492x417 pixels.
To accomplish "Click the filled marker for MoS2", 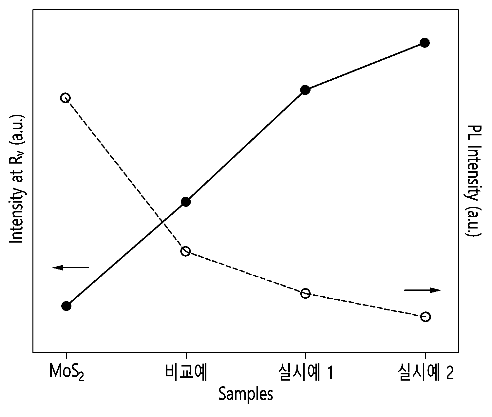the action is [66, 306].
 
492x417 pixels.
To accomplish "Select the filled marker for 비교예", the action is [186, 202].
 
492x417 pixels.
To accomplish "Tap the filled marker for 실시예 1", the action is [305, 90].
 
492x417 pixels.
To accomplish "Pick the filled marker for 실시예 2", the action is [425, 43].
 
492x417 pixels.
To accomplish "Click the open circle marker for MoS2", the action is [65, 98].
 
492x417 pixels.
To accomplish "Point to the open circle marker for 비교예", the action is [185, 251].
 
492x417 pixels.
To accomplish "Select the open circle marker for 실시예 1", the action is [305, 293].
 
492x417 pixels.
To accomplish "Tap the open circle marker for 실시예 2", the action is [426, 317].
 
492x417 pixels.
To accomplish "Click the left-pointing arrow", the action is [70, 268].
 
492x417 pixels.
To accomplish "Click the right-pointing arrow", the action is [423, 290].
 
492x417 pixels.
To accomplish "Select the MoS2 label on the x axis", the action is [66, 372].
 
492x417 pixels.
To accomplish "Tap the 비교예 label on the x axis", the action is [186, 371].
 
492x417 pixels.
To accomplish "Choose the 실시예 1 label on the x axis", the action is [306, 371].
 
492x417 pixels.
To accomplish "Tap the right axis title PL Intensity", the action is [473, 181].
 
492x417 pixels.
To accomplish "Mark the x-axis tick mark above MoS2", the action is [66, 355].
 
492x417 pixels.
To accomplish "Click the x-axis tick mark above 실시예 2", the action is [426, 355].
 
